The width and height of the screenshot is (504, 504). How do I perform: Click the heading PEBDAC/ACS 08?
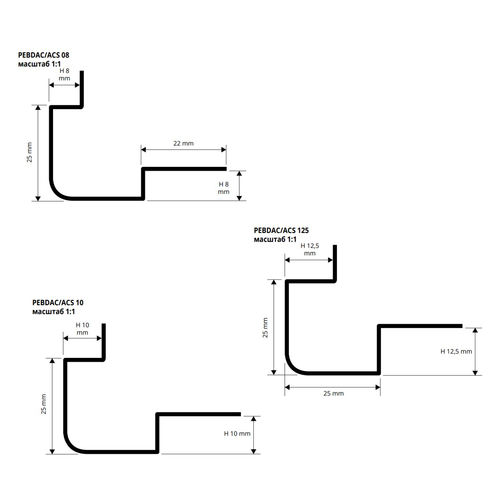(44, 55)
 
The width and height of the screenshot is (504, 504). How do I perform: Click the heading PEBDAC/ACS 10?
(58, 303)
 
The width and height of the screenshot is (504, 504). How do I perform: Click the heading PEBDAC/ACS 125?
(281, 230)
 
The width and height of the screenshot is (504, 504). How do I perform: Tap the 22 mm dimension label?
(183, 143)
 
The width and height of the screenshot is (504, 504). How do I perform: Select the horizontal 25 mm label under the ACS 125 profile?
(334, 393)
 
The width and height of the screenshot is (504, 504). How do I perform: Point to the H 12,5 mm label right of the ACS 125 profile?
(456, 351)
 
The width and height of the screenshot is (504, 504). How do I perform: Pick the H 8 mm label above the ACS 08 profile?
(64, 75)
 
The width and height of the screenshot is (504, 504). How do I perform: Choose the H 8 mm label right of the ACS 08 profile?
(224, 188)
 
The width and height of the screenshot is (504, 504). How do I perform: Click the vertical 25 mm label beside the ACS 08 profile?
(29, 152)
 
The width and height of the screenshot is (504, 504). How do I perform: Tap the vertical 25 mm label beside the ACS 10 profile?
(43, 404)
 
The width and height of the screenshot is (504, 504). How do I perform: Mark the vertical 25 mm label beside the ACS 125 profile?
(265, 328)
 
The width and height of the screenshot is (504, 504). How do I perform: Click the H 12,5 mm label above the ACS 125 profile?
(310, 250)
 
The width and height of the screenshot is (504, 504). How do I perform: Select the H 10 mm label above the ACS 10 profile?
(83, 329)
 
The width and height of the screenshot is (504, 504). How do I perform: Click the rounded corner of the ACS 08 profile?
(56, 192)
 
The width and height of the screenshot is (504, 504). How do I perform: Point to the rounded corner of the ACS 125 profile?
(292, 367)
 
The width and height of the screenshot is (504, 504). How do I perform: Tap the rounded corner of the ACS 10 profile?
(70, 445)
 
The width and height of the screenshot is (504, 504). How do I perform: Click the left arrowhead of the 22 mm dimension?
(144, 150)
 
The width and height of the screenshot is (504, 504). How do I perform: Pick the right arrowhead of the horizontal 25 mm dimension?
(378, 387)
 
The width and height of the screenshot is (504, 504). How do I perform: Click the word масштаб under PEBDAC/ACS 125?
(270, 240)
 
